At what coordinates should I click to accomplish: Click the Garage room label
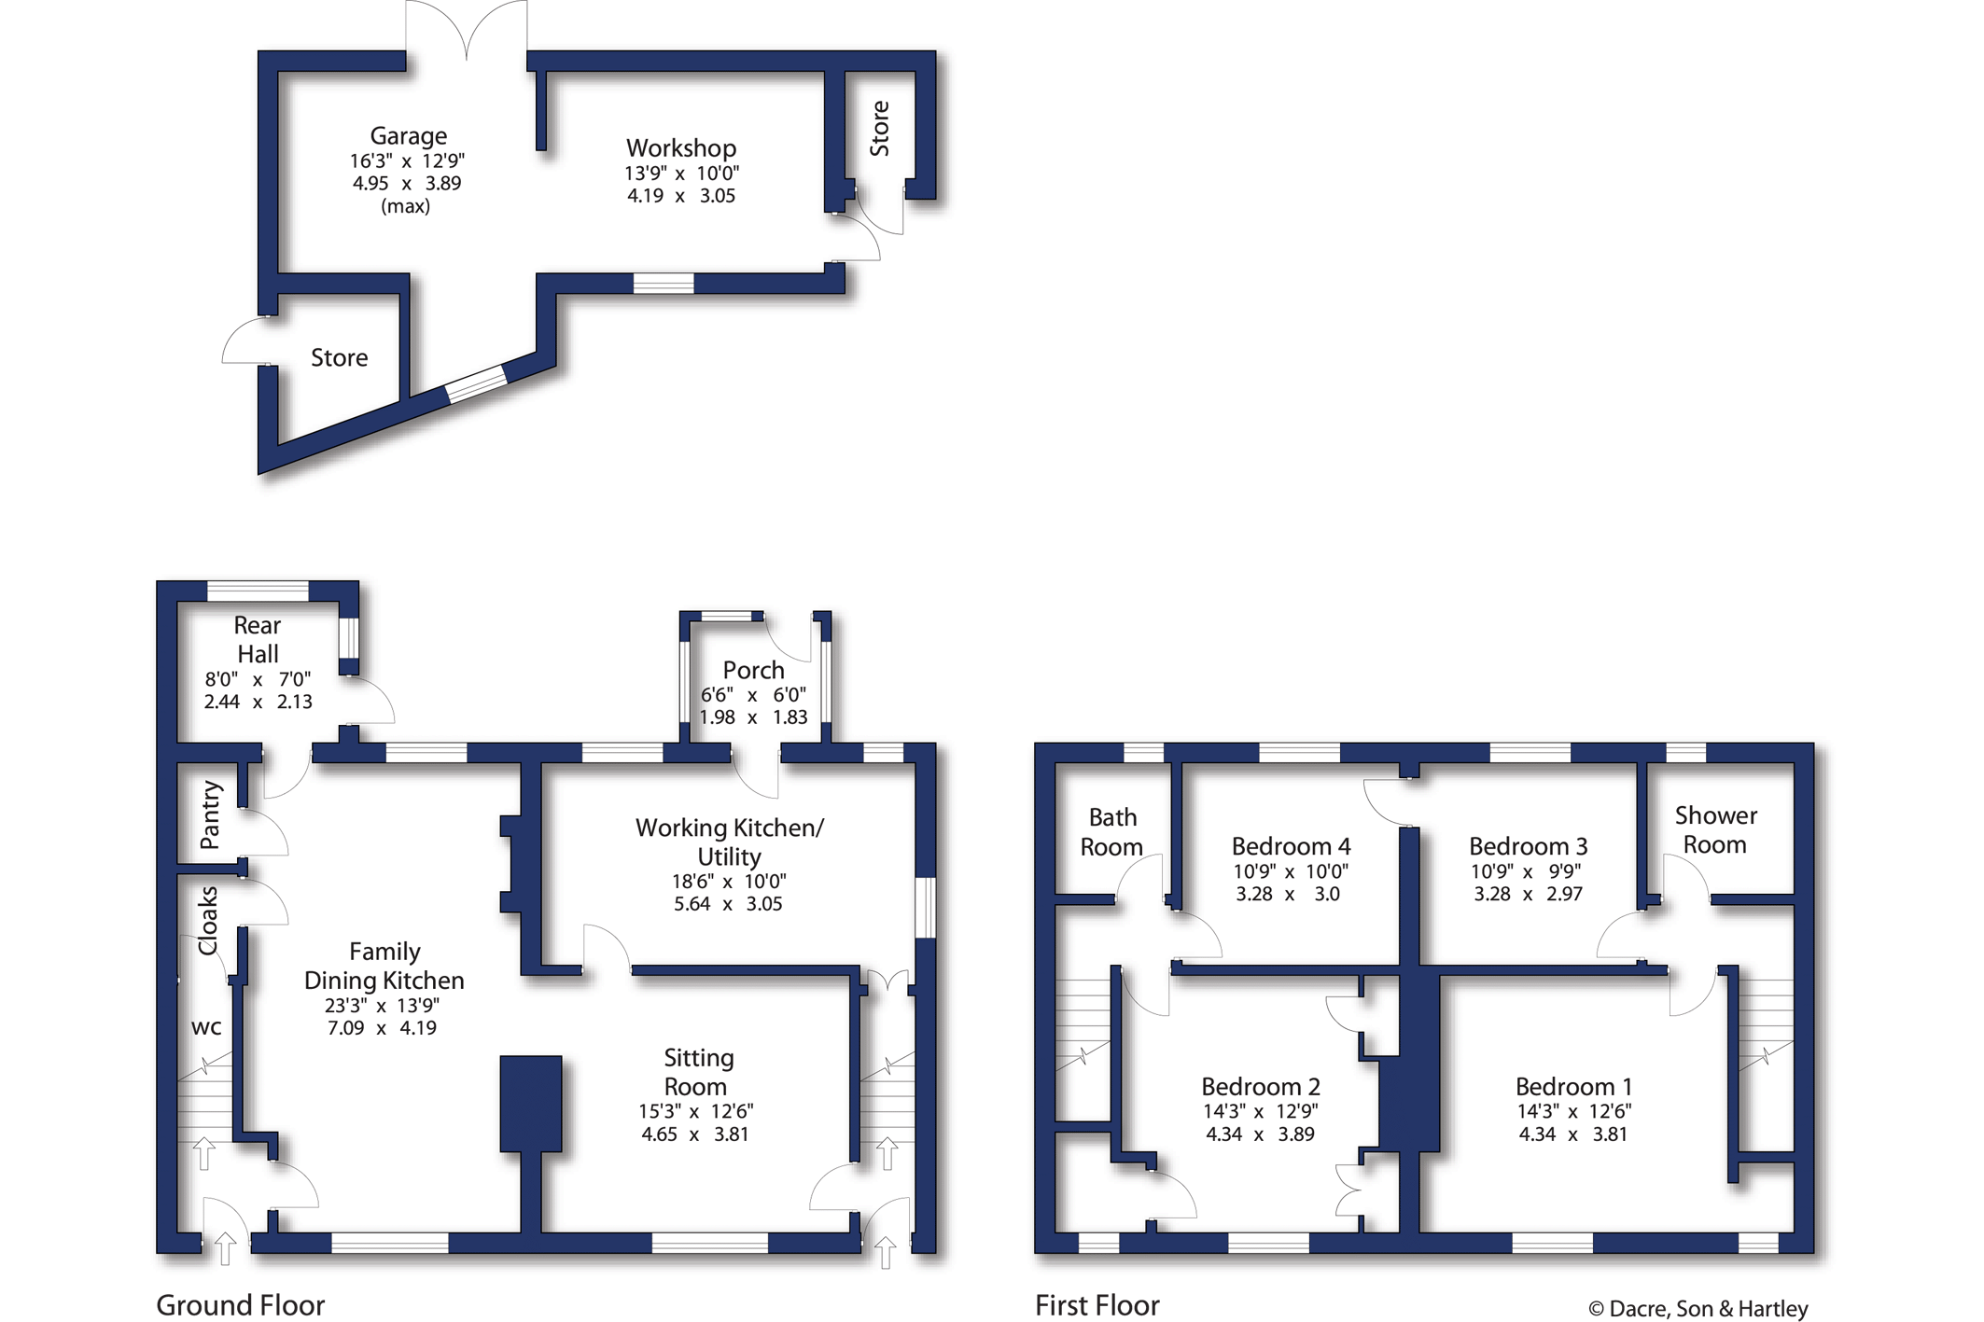(x=408, y=136)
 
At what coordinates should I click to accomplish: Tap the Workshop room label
(x=681, y=148)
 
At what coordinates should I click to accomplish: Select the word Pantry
(x=211, y=815)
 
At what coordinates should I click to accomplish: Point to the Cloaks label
(x=207, y=921)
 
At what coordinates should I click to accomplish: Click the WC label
(x=206, y=1027)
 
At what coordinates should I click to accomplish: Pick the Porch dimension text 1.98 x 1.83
(x=754, y=717)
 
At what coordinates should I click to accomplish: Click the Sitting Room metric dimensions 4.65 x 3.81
(x=695, y=1134)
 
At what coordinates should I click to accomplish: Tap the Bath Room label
(x=1111, y=832)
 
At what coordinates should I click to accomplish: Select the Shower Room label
(x=1715, y=830)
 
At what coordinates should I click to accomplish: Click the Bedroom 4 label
(x=1291, y=846)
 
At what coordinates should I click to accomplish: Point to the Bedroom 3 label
(x=1528, y=846)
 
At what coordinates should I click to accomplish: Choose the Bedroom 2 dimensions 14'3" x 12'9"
(x=1261, y=1112)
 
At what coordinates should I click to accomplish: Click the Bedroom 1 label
(x=1573, y=1087)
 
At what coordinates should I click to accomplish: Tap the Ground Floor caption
(x=241, y=1305)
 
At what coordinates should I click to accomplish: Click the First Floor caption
(x=1097, y=1305)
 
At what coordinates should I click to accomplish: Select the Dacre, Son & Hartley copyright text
(x=1698, y=1309)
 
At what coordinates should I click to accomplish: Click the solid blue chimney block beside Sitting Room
(x=531, y=1104)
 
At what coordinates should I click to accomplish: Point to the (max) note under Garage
(x=406, y=207)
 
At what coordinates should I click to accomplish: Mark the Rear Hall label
(x=258, y=639)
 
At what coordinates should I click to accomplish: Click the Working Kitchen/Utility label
(x=730, y=842)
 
